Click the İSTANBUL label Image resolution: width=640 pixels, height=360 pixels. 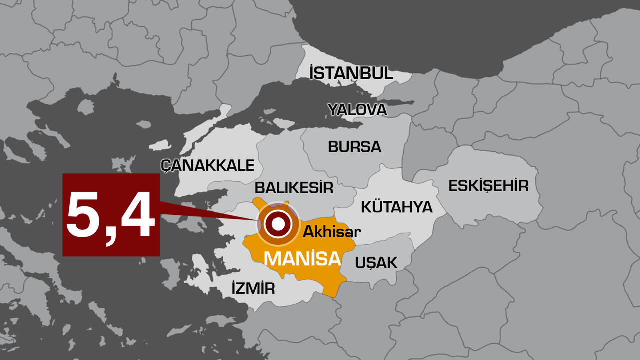[351, 73]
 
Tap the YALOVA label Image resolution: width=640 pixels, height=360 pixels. [357, 109]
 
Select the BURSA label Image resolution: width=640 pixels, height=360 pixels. [354, 147]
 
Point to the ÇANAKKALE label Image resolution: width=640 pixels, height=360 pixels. [208, 165]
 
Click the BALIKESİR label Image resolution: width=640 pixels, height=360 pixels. [294, 188]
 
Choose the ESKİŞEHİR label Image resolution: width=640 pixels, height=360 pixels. [488, 186]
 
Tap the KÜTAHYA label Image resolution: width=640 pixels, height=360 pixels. [396, 206]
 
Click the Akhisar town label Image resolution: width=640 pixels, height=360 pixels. [332, 232]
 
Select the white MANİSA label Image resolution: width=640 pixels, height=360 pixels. [302, 259]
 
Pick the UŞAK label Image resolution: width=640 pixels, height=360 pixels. [376, 262]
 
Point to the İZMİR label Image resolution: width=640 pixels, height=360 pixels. [253, 288]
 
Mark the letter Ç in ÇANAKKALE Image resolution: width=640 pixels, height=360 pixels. [167, 166]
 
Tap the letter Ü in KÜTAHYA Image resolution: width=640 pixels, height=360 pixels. [378, 206]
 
